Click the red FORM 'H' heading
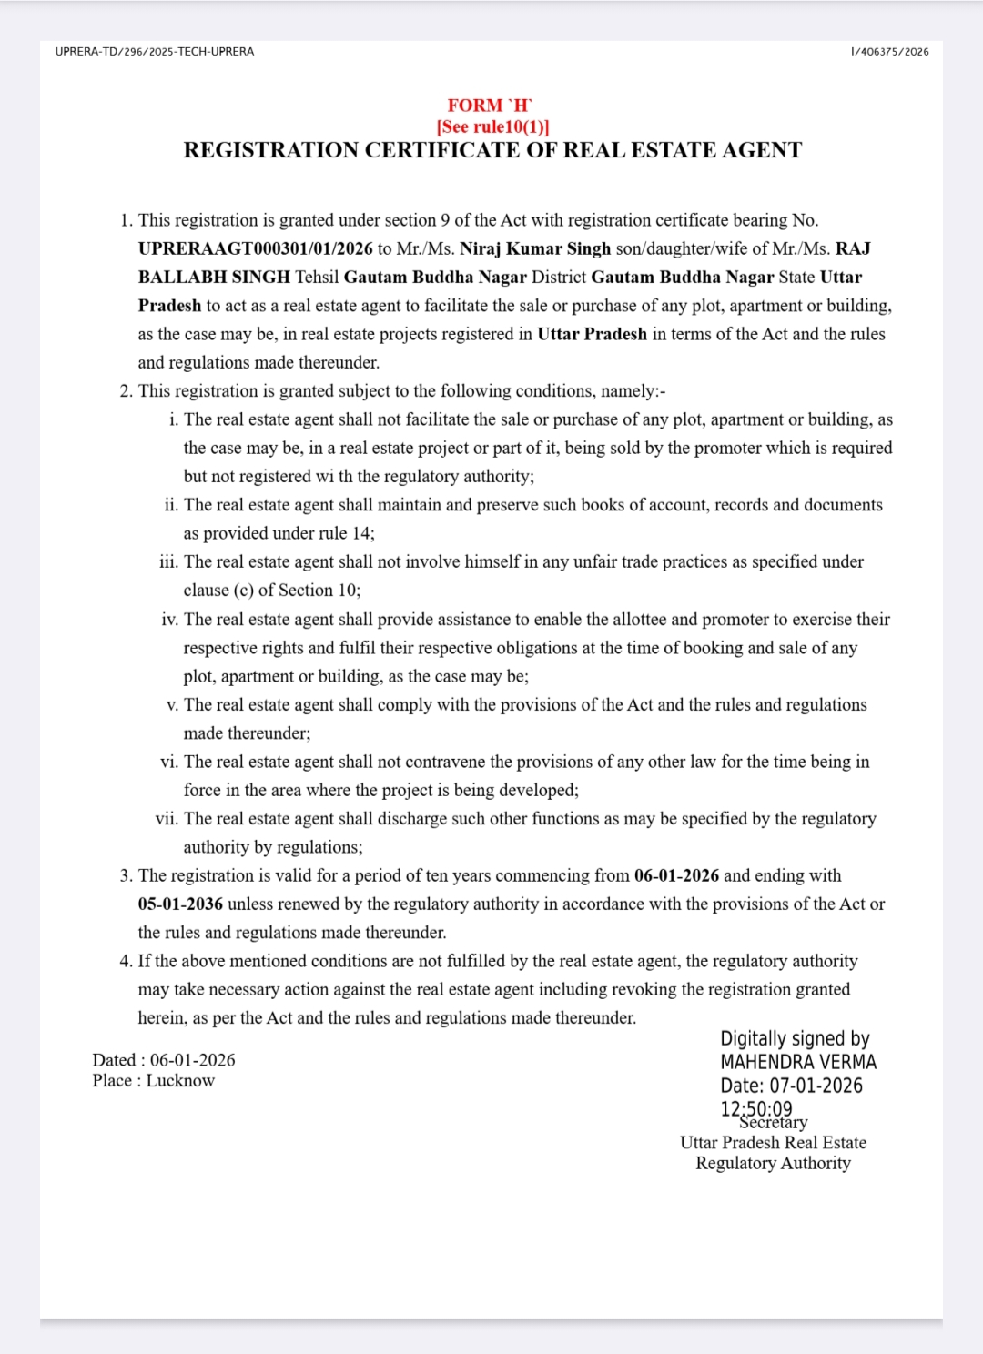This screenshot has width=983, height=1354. pos(490,106)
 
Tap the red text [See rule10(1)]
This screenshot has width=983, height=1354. pos(492,126)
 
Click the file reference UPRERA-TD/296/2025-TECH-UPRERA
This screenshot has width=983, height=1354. pos(155,52)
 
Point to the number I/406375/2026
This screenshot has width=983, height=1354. pos(889,52)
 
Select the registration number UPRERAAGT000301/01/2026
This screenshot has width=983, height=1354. pos(256,248)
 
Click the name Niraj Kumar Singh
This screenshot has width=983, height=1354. pos(535,248)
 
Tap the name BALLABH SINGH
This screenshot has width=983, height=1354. pos(214,277)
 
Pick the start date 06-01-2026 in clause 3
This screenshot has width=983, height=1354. pos(676,875)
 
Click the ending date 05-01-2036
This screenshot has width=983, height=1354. pos(180,904)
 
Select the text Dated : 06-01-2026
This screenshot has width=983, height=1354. pos(164,1060)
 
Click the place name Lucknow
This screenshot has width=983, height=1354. pos(180,1081)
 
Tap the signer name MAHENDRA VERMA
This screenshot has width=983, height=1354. pos(798,1062)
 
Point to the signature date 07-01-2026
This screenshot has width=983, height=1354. pos(816,1086)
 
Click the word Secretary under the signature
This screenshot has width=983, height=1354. pos(774,1123)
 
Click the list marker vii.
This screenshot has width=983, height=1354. pos(167,819)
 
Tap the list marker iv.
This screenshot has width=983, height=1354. pos(169,620)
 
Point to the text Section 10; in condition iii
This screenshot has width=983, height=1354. pos(319,591)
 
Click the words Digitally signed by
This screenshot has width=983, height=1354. pos(795,1038)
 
